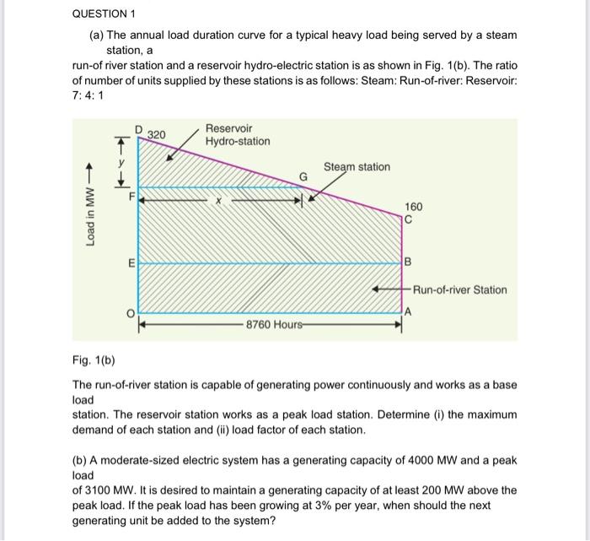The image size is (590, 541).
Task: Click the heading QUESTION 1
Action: (x=104, y=14)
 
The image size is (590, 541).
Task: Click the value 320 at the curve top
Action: (x=157, y=135)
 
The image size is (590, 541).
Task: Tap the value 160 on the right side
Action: (x=413, y=207)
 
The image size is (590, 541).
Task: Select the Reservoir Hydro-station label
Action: (x=238, y=135)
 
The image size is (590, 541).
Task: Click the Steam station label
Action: (x=357, y=167)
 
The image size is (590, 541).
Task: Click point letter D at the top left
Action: (x=139, y=128)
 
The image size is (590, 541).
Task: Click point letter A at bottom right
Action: (x=407, y=312)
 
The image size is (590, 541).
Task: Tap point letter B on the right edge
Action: (x=408, y=262)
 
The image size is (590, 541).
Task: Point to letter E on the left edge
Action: (x=131, y=263)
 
